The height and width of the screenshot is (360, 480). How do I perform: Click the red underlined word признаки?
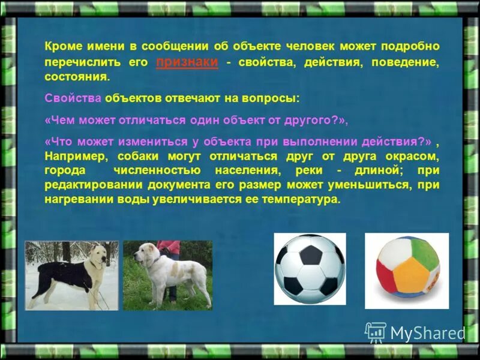(187, 62)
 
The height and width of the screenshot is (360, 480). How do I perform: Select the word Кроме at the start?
(62, 46)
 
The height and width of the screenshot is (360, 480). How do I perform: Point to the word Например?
(72, 156)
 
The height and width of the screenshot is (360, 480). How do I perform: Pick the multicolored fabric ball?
(407, 271)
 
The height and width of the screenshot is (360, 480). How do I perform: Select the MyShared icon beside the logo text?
(376, 332)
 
